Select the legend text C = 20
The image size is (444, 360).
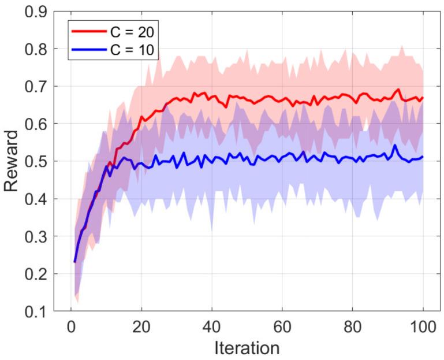pyautogui.click(x=132, y=29)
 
